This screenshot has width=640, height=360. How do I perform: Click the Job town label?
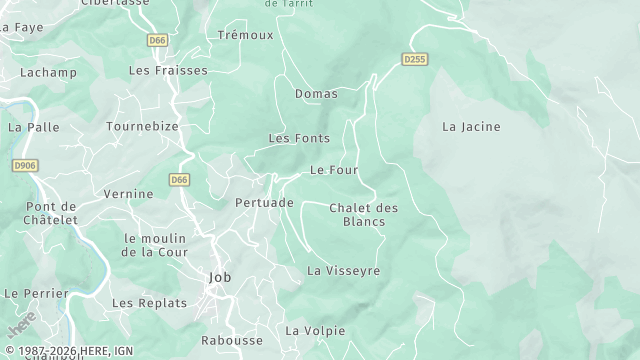219,278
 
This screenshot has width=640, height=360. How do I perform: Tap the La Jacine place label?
471,127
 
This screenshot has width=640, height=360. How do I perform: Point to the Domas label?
316,94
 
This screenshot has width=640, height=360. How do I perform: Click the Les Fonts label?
299,138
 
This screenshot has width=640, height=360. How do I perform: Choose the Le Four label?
334,170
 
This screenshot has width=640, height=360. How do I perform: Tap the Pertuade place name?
264,203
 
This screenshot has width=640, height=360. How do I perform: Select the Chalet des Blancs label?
363,215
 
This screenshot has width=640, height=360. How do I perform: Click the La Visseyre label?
343,271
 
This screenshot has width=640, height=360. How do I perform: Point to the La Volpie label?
315,331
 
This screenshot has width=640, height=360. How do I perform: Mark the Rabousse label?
232,341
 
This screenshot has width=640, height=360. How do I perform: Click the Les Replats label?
149,303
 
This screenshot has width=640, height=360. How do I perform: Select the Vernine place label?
129,194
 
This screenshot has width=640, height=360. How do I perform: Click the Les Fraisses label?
168,71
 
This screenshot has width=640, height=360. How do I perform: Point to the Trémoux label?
245,35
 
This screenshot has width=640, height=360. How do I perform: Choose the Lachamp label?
49,74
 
